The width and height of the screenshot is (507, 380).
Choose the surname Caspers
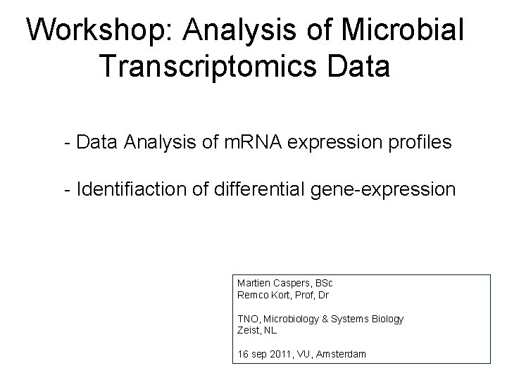point(290,283)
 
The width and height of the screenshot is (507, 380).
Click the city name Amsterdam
point(342,354)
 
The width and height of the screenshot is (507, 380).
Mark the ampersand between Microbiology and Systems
point(325,319)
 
